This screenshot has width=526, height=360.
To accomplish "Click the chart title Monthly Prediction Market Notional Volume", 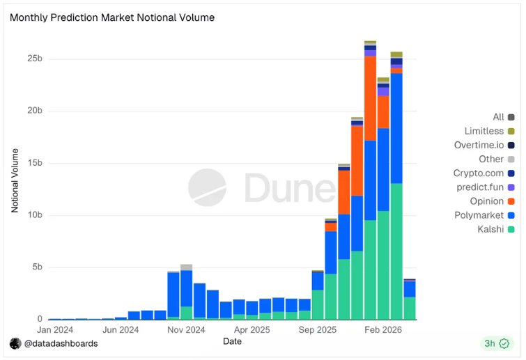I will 112,17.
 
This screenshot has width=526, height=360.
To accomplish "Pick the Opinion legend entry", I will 487,201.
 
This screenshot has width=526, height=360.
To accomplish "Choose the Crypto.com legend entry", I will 479,173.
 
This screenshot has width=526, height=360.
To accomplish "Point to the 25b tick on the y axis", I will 35,58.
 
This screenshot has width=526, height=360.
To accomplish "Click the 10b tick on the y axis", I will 35,215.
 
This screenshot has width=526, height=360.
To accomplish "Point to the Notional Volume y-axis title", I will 15,180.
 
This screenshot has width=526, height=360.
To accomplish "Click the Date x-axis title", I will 232,341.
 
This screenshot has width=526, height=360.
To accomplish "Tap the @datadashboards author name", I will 61,343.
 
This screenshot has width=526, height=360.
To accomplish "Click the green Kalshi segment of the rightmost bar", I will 410,308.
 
